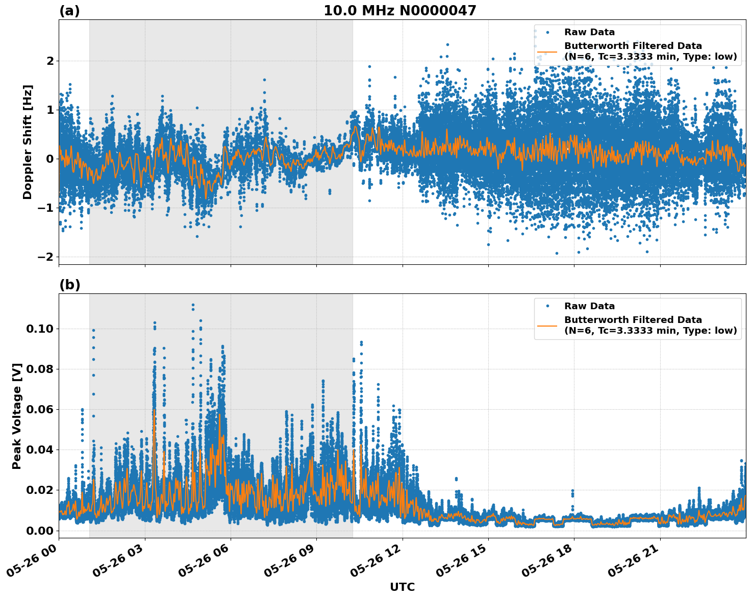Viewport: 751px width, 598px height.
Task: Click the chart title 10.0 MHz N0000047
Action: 399,11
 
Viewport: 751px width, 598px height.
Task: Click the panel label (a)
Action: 69,11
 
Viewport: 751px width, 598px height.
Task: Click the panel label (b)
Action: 69,285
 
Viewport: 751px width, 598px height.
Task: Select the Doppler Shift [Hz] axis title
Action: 28,142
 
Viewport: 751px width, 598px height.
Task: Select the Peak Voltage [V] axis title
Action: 17,416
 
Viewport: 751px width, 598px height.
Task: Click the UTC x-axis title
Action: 402,587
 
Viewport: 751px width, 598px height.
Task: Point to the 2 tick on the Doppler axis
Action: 50,61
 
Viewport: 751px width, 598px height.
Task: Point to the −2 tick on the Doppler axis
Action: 46,257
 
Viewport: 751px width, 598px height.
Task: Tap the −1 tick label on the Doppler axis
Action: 46,208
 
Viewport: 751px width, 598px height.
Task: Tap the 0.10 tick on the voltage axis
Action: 40,329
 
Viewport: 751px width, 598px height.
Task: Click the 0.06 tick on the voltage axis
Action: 40,409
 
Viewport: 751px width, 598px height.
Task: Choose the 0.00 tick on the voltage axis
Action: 40,531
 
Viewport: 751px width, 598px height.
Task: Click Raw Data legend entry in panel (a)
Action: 589,32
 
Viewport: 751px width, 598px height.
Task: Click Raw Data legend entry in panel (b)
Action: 589,306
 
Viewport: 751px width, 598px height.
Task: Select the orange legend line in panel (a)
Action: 547,51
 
